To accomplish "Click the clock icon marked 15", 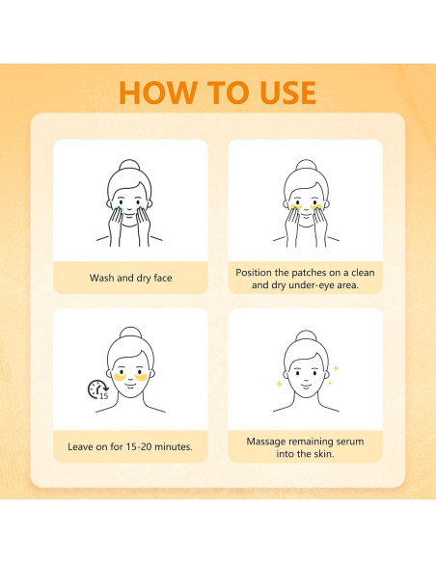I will [x=97, y=390].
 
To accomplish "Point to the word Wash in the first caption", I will [x=103, y=278].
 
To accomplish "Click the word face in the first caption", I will [x=160, y=278].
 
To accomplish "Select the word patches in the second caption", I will [x=306, y=273].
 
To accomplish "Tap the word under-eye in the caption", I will [x=316, y=286].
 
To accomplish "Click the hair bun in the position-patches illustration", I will [x=304, y=166].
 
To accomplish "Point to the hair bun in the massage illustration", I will [x=304, y=336].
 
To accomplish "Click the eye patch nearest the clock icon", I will [x=119, y=378].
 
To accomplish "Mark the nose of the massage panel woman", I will [x=304, y=380].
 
